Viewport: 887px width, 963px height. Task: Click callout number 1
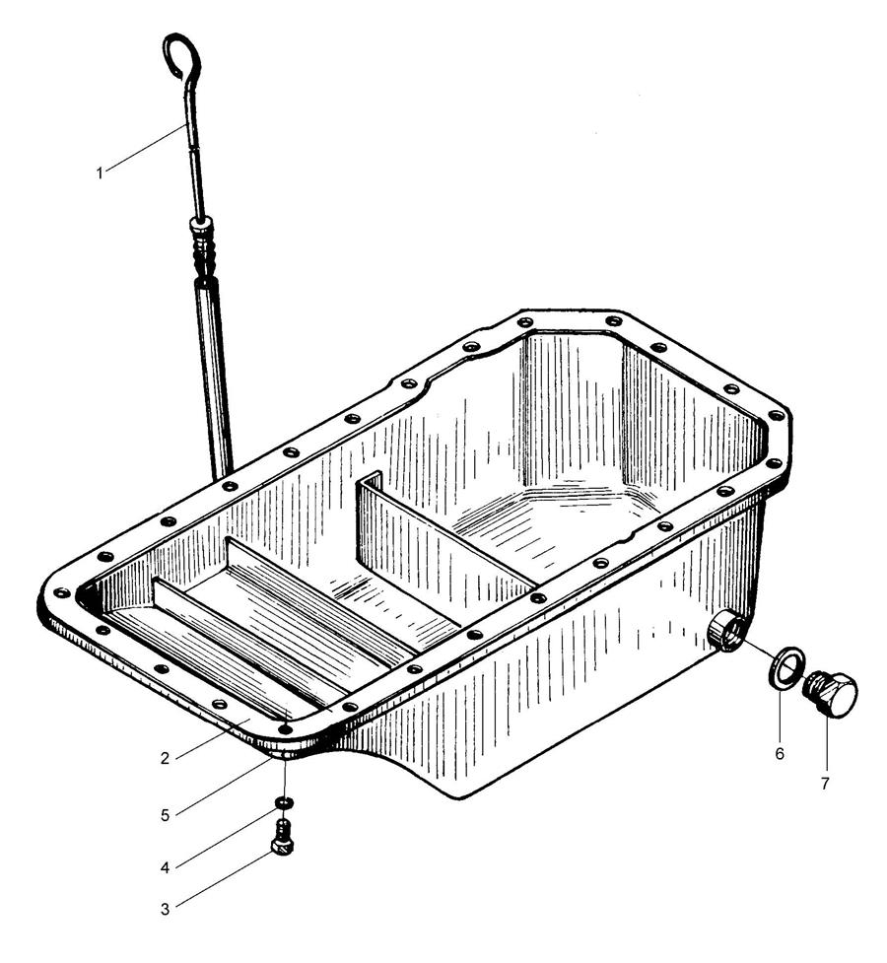pos(99,173)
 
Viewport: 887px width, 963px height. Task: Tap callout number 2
pos(165,759)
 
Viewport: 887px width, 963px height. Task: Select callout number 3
pos(165,909)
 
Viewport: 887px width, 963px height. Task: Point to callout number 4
pos(165,867)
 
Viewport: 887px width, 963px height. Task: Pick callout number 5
pos(165,815)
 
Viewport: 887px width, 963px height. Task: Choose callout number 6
pos(780,754)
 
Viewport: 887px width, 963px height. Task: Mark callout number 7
pos(824,784)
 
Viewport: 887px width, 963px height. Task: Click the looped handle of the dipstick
pos(181,55)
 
